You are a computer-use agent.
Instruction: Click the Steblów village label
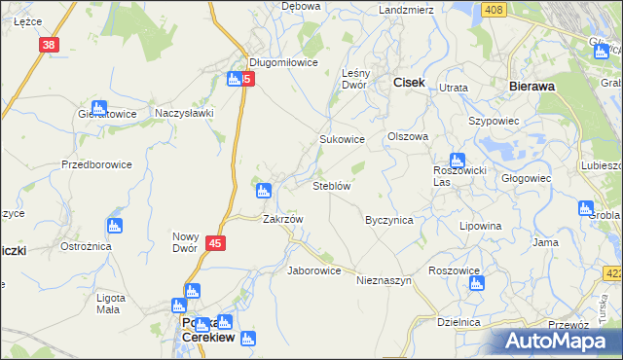[x=331, y=185]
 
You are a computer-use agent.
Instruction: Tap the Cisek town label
[x=409, y=84]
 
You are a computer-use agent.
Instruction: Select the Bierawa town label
[x=532, y=86]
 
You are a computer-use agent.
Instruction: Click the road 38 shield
[x=50, y=45]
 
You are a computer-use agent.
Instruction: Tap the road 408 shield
[x=495, y=10]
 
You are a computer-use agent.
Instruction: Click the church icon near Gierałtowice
[x=98, y=109]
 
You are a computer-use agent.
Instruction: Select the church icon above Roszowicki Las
[x=457, y=161]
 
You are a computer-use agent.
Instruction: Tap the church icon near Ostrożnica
[x=115, y=227]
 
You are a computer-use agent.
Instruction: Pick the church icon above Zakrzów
[x=262, y=190]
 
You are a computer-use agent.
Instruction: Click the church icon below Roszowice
[x=476, y=283]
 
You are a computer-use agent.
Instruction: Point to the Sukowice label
[x=343, y=139]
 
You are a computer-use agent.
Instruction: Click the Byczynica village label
[x=389, y=220]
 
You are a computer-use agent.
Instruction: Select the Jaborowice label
[x=313, y=270]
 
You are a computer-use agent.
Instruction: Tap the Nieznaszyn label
[x=385, y=279]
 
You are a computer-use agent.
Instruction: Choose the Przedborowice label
[x=96, y=164]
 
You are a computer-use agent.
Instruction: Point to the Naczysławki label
[x=184, y=113]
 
